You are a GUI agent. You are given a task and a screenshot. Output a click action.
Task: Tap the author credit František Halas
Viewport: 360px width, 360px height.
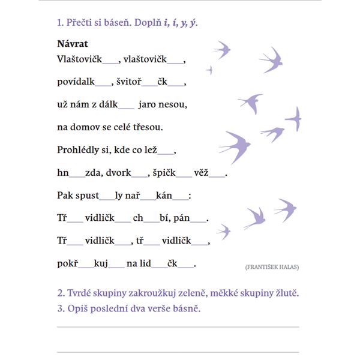click(272, 266)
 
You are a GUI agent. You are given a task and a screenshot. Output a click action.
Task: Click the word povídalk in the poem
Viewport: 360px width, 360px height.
click(76, 82)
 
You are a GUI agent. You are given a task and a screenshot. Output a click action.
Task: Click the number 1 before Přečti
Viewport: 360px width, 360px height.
click(59, 23)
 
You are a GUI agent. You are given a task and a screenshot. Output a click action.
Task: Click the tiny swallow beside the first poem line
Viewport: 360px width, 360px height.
click(209, 70)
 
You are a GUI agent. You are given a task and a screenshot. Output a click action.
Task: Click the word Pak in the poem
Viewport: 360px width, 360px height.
click(65, 196)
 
